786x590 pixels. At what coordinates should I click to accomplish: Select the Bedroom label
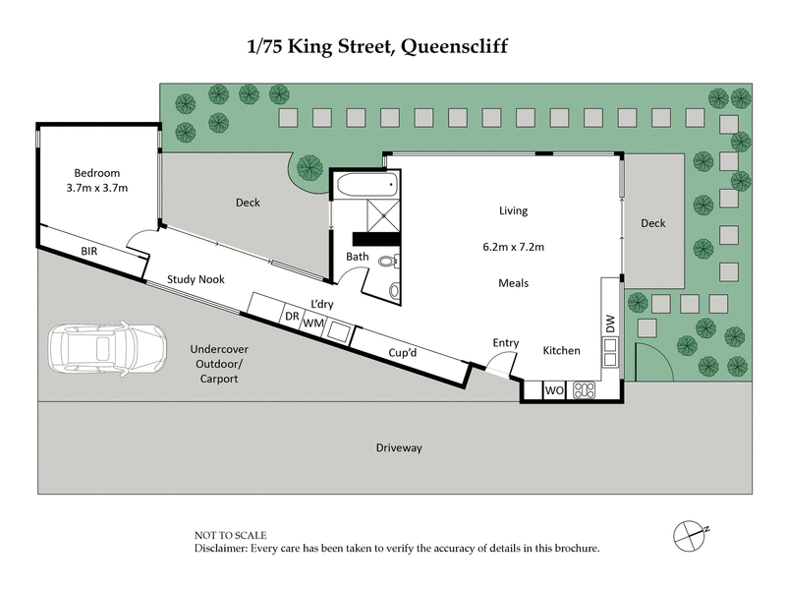95,173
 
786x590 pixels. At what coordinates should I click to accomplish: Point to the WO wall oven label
553,390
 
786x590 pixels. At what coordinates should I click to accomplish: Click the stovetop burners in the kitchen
585,390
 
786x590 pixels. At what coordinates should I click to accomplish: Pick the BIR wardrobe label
90,253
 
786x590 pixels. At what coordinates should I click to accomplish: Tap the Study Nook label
196,279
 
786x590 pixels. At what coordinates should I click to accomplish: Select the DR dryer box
292,317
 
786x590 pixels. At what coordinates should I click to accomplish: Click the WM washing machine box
313,323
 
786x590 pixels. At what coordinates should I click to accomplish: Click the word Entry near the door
506,342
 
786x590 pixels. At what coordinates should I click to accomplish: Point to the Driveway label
399,448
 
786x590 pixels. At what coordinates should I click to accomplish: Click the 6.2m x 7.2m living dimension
513,247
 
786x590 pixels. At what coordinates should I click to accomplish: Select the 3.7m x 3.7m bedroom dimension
97,187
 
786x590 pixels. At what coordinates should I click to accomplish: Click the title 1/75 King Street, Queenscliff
392,45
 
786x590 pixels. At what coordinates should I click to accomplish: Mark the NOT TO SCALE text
231,535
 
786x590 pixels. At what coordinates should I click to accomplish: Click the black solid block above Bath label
375,239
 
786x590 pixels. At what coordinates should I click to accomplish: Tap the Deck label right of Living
652,223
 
